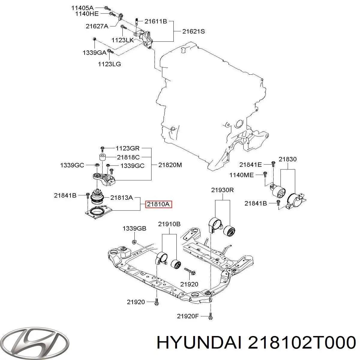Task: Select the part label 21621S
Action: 194,31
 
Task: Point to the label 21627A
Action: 97,26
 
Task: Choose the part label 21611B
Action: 156,21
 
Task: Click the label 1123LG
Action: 109,64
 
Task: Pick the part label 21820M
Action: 170,165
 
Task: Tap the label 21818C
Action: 128,157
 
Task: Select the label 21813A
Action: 121,198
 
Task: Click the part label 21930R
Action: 222,190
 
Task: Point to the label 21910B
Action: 169,224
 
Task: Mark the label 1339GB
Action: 134,229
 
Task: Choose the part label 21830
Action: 287,159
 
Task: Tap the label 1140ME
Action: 241,175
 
